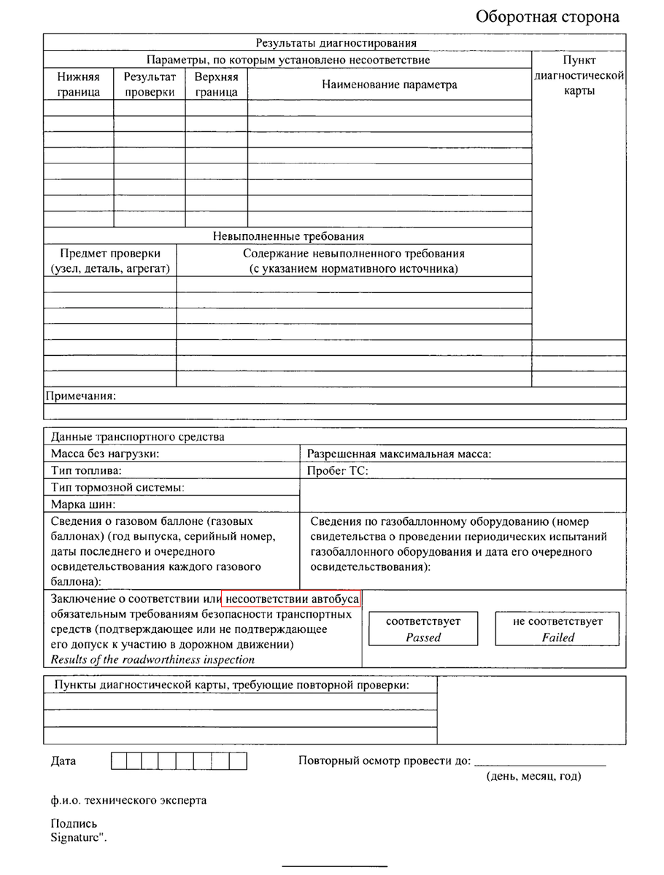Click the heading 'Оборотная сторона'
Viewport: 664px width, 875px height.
pyautogui.click(x=547, y=17)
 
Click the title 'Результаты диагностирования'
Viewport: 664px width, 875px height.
pyautogui.click(x=335, y=42)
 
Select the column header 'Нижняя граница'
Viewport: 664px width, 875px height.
pyautogui.click(x=78, y=84)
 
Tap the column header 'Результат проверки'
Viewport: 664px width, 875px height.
pyautogui.click(x=150, y=84)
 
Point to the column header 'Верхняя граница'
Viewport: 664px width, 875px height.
pyautogui.click(x=217, y=84)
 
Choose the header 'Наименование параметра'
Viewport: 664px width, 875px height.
pyautogui.click(x=390, y=85)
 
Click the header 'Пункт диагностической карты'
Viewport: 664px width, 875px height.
pyautogui.click(x=579, y=75)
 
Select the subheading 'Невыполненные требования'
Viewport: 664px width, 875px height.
pyautogui.click(x=288, y=236)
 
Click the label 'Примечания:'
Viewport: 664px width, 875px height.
pyautogui.click(x=81, y=396)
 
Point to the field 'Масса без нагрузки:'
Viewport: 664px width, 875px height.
pyautogui.click(x=105, y=454)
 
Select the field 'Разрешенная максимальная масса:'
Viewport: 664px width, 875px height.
pyautogui.click(x=399, y=454)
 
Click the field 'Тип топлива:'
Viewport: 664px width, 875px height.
pyautogui.click(x=86, y=470)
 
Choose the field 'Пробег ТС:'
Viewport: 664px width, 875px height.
pyautogui.click(x=338, y=470)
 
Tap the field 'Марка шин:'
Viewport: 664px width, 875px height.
pyautogui.click(x=83, y=503)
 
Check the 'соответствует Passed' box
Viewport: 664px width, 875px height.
pyautogui.click(x=423, y=629)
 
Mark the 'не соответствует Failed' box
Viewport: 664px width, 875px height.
pyautogui.click(x=558, y=629)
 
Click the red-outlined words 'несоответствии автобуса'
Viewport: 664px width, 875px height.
pyautogui.click(x=293, y=599)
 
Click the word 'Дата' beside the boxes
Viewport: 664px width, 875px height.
pyautogui.click(x=63, y=761)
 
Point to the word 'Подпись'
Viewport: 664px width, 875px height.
pyautogui.click(x=74, y=825)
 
